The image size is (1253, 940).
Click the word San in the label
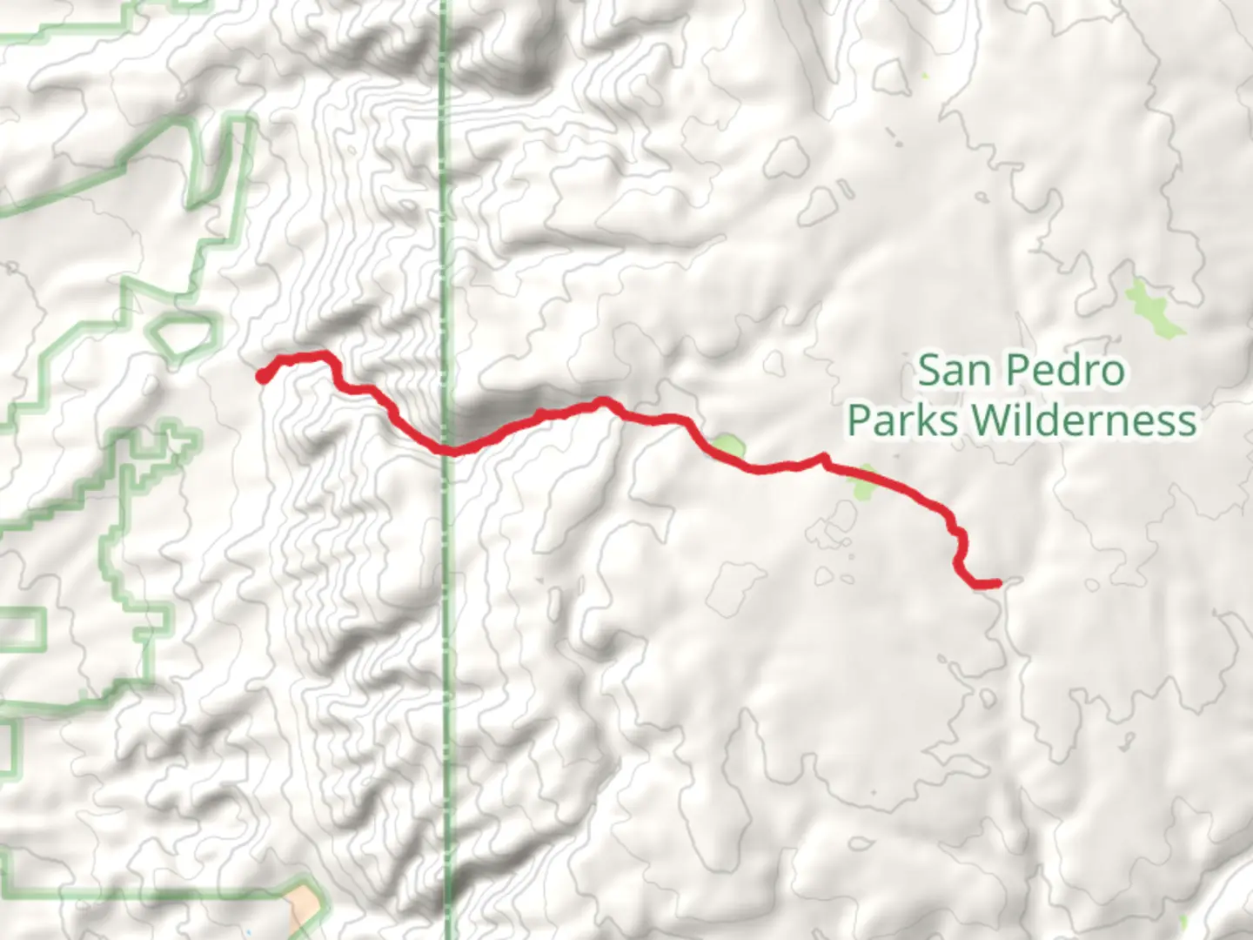pos(954,372)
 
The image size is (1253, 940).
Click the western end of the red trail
pos(261,376)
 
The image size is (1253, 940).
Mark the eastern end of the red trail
pos(997,583)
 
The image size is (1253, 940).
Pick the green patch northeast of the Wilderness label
pos(1154,309)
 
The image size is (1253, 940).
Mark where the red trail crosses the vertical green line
pos(446,450)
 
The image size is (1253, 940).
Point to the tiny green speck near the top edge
pos(925,77)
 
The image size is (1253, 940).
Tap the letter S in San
pos(931,372)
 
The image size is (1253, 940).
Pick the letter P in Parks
pos(860,421)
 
